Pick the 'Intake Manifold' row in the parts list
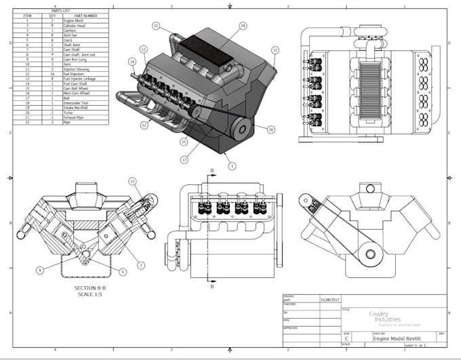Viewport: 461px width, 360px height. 77,107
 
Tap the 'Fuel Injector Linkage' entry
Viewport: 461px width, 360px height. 81,79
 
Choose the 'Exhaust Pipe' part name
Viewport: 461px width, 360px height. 74,117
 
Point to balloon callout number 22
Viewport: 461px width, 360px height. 156,26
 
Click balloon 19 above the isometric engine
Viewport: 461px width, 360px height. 242,26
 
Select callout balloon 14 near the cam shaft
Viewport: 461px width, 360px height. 132,62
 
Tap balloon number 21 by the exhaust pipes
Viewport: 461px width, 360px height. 144,125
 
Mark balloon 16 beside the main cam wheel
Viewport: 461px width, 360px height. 270,129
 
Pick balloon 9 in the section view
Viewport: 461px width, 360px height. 40,270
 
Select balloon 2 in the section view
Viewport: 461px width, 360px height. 142,264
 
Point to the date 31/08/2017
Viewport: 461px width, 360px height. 329,299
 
